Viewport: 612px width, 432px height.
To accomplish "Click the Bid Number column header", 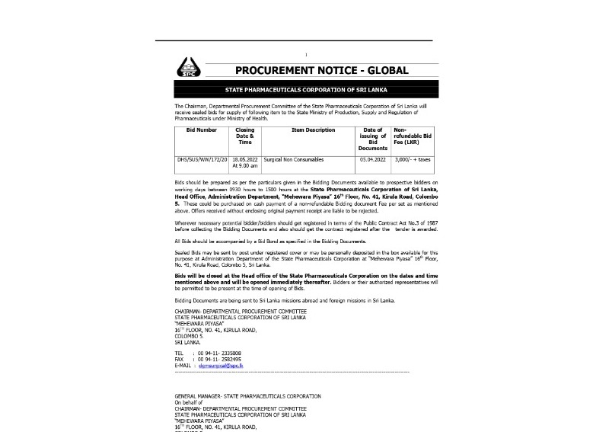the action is [201, 131].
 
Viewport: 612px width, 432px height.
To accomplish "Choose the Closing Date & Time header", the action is [244, 136].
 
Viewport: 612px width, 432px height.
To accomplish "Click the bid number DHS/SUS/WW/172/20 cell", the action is [202, 160].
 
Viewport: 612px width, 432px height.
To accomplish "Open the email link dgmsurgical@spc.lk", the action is [219, 366].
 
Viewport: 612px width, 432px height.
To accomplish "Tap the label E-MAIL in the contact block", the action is [183, 366].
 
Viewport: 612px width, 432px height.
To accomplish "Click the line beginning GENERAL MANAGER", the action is [247, 396].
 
